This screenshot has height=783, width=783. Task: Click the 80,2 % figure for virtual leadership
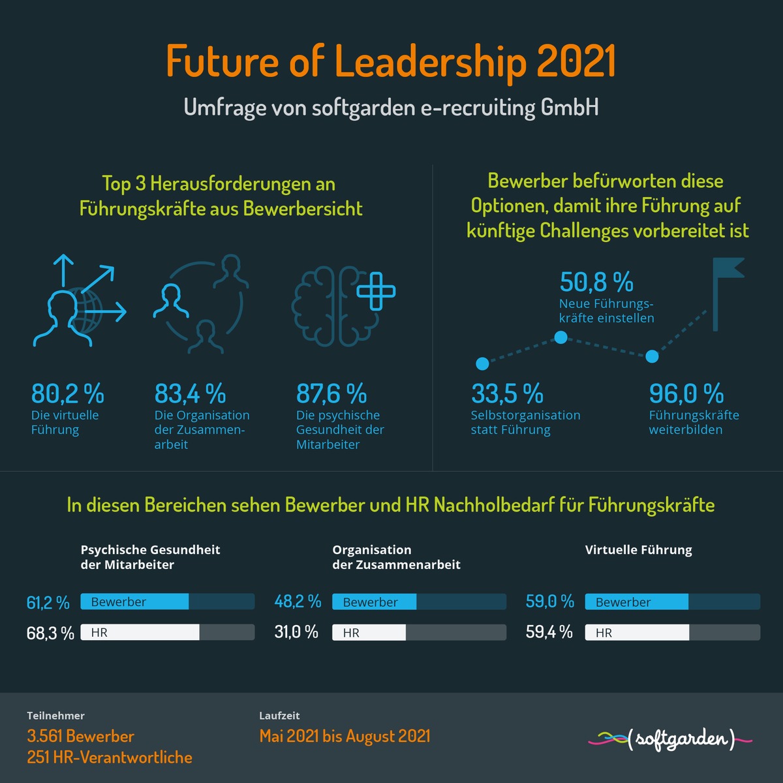pyautogui.click(x=67, y=394)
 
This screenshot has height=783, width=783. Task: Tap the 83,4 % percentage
pyautogui.click(x=190, y=394)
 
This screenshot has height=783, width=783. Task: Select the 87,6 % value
pyautogui.click(x=331, y=394)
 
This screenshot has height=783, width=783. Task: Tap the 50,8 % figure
pyautogui.click(x=596, y=283)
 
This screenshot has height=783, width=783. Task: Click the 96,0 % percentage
pyautogui.click(x=686, y=394)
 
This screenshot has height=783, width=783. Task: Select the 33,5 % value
pyautogui.click(x=507, y=394)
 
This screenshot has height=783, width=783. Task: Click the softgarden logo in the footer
pyautogui.click(x=671, y=739)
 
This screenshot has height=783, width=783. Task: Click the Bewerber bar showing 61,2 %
pyautogui.click(x=134, y=602)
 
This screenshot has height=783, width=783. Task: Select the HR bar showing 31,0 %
pyautogui.click(x=369, y=632)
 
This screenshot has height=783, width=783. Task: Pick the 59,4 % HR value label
pyautogui.click(x=549, y=632)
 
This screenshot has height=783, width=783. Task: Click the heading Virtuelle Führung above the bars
pyautogui.click(x=638, y=549)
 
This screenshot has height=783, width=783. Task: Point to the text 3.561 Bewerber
pyautogui.click(x=80, y=736)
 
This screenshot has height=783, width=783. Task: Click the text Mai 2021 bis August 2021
pyautogui.click(x=345, y=736)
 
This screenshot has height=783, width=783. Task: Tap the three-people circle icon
pyautogui.click(x=200, y=303)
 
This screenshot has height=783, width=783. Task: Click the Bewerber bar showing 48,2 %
pyautogui.click(x=374, y=602)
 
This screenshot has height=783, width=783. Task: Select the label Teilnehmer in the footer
pyautogui.click(x=55, y=716)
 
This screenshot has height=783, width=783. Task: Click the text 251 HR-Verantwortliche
pyautogui.click(x=110, y=758)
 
